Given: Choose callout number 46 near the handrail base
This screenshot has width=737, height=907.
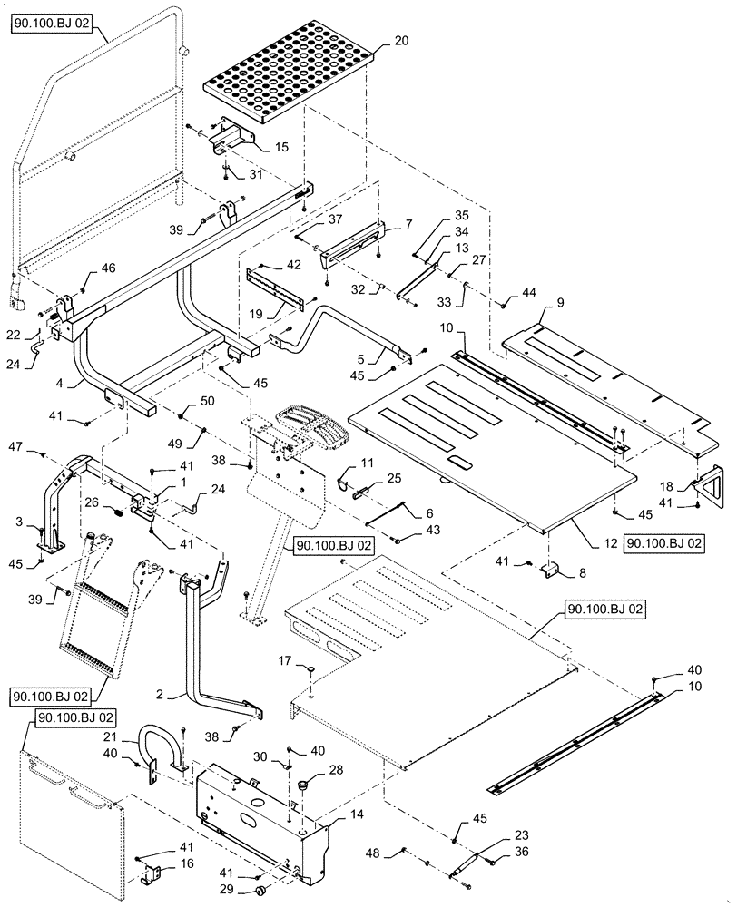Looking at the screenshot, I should [108, 268].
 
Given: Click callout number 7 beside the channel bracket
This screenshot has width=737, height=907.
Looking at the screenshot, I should [408, 223].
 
